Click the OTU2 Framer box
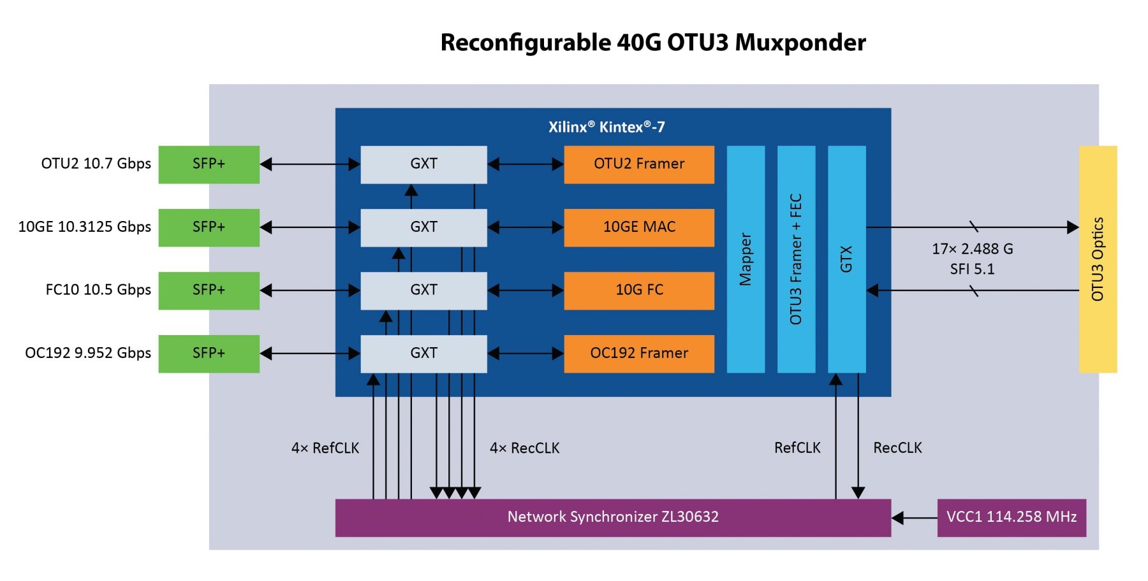638,164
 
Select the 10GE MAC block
638,227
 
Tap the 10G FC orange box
638,290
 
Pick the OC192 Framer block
638,354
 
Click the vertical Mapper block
746,259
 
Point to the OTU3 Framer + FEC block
796,259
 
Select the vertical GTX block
846,259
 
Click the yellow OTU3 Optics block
1098,259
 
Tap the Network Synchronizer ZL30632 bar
612,517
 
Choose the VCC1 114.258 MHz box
1012,517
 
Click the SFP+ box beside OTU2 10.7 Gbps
209,164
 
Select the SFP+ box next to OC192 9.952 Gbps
209,354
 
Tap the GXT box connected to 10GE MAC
423,227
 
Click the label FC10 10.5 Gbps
98,290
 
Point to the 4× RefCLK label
325,448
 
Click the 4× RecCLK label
524,448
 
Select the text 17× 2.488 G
972,249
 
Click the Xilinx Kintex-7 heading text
607,127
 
